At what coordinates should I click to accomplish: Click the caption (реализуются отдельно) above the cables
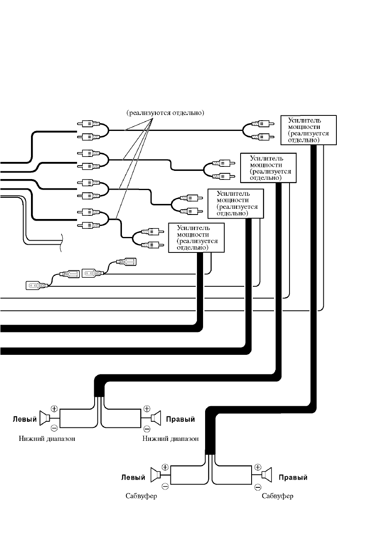[x=165, y=113]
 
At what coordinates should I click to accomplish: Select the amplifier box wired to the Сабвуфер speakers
[x=308, y=130]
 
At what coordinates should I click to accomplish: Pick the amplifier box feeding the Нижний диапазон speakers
[x=268, y=168]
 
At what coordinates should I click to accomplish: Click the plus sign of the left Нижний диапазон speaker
[x=54, y=409]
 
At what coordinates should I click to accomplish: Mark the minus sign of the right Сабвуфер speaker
[x=258, y=487]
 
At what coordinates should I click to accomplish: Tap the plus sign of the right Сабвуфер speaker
[x=258, y=467]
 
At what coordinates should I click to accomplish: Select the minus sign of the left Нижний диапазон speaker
[x=54, y=428]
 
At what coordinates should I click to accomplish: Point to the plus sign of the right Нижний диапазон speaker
[x=147, y=409]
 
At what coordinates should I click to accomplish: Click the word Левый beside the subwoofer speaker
[x=133, y=478]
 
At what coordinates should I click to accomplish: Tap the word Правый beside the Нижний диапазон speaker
[x=181, y=419]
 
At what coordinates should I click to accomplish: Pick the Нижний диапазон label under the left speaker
[x=47, y=438]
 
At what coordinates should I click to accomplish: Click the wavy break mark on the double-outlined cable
[x=61, y=243]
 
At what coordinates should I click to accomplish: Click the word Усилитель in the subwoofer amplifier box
[x=305, y=121]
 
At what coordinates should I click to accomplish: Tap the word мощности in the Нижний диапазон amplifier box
[x=266, y=165]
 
